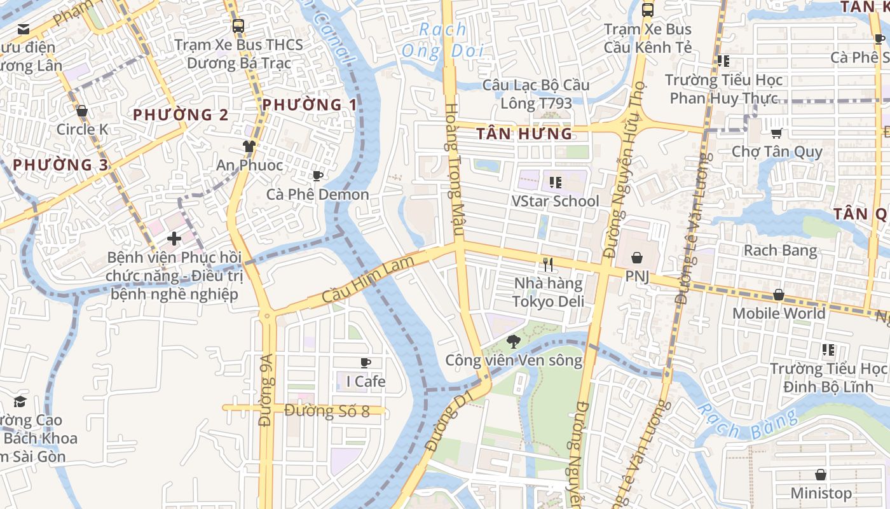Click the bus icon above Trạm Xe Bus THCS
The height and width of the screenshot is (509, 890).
coord(238,26)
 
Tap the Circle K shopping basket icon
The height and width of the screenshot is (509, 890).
coord(82,111)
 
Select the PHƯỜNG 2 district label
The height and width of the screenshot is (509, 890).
coord(181,115)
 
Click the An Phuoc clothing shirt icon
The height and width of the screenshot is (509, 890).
coord(249,146)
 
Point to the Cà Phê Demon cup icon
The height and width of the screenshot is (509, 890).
coord(318,176)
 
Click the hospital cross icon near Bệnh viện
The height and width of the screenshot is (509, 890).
coord(174,239)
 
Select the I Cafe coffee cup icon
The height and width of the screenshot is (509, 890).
coord(366,363)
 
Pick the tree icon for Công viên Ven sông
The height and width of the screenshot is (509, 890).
coord(513,342)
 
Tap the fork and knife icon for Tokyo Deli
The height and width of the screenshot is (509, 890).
coord(548,264)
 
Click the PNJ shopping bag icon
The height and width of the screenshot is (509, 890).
coord(636,258)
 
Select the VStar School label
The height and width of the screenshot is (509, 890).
coord(556,201)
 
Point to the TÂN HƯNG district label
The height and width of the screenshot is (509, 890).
coord(524,134)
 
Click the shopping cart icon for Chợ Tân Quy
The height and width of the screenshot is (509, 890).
coord(776,133)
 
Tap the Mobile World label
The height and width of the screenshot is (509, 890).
coord(779,313)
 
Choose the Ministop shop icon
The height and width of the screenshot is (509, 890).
coord(821,475)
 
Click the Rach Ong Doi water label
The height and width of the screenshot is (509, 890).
coord(443,39)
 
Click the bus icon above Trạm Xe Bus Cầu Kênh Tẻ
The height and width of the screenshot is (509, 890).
coord(648,10)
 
